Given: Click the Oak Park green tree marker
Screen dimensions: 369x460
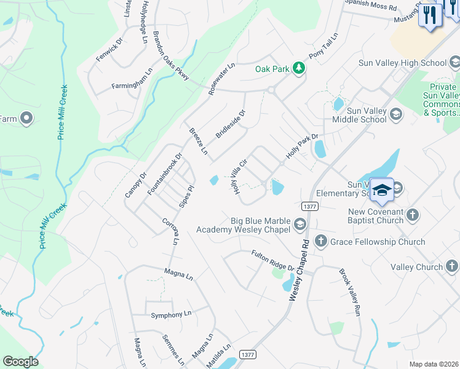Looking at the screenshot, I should (299, 68).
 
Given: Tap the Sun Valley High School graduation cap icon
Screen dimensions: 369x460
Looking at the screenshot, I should (454, 62).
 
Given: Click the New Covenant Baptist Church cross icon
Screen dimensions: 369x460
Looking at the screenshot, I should (412, 215).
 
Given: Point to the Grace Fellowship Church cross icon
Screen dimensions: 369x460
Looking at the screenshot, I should (320, 241).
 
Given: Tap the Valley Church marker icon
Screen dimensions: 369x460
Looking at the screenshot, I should (452, 266).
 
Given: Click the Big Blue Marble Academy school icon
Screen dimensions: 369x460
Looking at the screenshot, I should (299, 224).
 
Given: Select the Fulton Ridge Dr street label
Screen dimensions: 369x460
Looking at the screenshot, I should (273, 260).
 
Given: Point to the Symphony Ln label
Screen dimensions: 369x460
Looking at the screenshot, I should (167, 315).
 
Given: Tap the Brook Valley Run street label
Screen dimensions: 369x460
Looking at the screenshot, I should (349, 292).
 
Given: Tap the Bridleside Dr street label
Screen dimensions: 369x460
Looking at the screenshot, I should (231, 124).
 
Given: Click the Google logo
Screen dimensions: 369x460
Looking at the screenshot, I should (20, 362).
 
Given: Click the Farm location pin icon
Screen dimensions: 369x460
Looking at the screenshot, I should (26, 118).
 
